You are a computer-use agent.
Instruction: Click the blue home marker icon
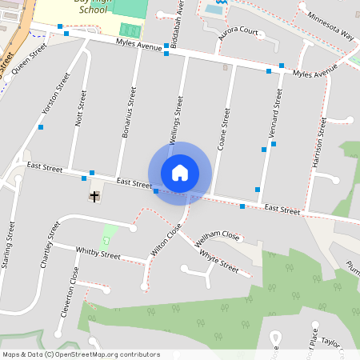pos(180,172)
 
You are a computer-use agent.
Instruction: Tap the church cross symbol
pos(94,196)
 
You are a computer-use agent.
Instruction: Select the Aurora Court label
pos(238,33)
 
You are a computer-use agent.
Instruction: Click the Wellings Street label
pos(177,120)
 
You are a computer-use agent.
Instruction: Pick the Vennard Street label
pos(277,114)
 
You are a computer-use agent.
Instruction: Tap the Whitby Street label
pos(98,253)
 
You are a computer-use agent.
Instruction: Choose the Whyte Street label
pos(218,261)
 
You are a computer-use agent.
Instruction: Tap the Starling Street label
pos(8,249)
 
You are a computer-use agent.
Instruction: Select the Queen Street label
pos(30,56)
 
